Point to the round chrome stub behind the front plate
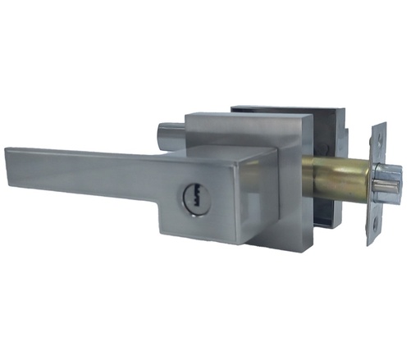point(166,132)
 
